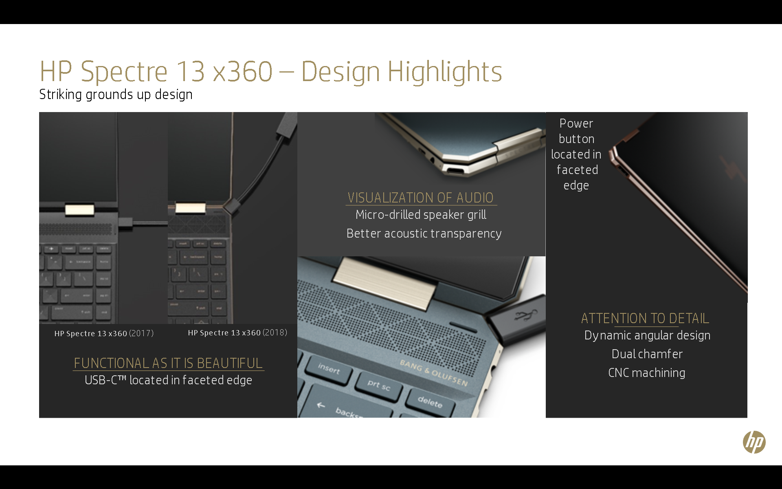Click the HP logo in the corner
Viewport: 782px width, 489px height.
coord(754,442)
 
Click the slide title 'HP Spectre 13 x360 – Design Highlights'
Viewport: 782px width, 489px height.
coord(271,72)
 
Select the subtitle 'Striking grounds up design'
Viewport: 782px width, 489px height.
coord(116,95)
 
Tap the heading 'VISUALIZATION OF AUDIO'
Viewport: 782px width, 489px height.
coord(421,198)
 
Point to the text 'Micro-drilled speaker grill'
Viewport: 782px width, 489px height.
coord(421,215)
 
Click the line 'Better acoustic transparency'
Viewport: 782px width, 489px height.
coord(424,233)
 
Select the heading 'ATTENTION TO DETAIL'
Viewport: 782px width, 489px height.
coord(645,318)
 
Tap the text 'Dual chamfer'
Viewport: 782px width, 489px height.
coord(647,354)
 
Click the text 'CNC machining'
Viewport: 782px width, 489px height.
coord(647,373)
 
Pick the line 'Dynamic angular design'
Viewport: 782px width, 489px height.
coord(647,335)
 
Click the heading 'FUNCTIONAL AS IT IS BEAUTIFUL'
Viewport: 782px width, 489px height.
coord(168,363)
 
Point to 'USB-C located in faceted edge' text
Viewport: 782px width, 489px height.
coord(168,380)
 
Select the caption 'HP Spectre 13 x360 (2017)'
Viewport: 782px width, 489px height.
coord(104,333)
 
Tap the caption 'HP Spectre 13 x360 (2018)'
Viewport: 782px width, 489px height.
coord(237,333)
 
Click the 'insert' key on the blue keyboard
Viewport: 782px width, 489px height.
coord(328,369)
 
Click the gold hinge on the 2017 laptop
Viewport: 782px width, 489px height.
coord(79,210)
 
